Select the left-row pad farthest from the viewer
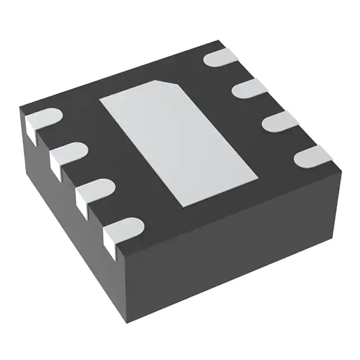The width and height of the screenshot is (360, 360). coord(42,117)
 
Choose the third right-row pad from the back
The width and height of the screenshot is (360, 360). coord(281,120)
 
